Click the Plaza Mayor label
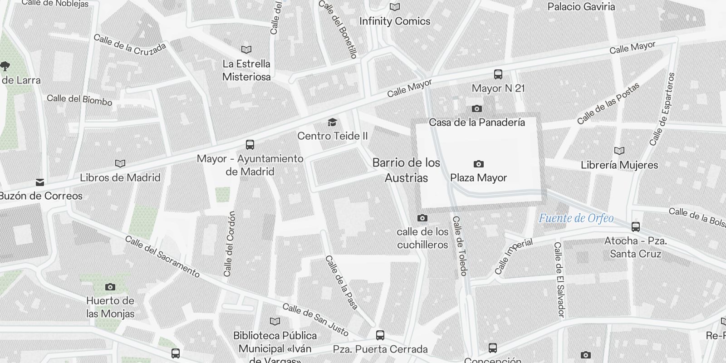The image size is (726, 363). [478, 178]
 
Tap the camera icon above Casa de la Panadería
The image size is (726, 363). [476, 108]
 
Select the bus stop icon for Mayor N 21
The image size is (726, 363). [498, 74]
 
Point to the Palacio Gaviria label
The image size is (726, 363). [581, 7]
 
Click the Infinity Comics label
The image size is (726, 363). [395, 21]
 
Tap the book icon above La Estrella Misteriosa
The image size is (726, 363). [246, 49]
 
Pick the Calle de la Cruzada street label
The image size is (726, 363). [130, 44]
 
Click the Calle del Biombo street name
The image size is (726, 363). [79, 100]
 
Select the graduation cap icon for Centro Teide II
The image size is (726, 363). [332, 122]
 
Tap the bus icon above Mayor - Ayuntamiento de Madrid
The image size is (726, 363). [250, 145]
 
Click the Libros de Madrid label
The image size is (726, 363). [120, 177]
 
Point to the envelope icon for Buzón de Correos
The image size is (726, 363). [40, 182]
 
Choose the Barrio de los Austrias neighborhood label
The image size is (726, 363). [406, 170]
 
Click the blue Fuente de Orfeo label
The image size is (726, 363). [576, 218]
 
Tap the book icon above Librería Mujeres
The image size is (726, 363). [619, 151]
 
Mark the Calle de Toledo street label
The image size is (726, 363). [460, 246]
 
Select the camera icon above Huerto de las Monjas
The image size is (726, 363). [110, 287]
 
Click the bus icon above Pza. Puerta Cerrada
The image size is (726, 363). [380, 335]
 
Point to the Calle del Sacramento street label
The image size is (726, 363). [162, 256]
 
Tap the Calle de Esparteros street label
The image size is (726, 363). [662, 109]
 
